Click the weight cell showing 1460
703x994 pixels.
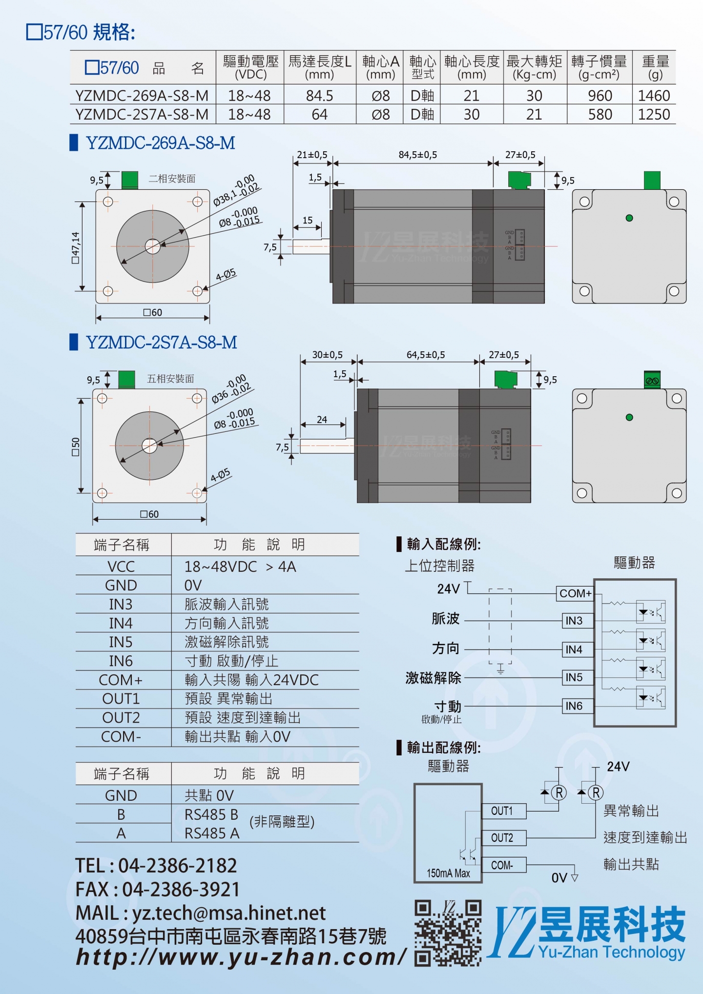tap(654, 96)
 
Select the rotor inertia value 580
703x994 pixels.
tap(600, 115)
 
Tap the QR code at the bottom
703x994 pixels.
tap(448, 933)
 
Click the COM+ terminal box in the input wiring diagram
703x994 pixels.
tap(575, 593)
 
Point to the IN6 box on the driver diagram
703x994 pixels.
tap(574, 706)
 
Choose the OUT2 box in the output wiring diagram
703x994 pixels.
tap(502, 838)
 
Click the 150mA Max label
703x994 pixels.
tap(448, 873)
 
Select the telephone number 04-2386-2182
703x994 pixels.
tap(177, 866)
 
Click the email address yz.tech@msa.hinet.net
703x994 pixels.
tap(229, 913)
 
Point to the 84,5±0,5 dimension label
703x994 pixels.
tap(417, 155)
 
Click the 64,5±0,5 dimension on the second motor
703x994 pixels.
tap(425, 355)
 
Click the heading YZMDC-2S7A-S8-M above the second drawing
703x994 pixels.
tap(161, 343)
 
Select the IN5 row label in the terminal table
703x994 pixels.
tap(121, 642)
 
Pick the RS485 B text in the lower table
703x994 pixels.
tap(211, 814)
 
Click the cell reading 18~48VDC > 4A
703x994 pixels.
tap(240, 567)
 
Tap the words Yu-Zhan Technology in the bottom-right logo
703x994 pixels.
tap(612, 952)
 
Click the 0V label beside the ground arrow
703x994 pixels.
tap(559, 878)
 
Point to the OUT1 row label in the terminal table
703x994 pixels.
tap(121, 699)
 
